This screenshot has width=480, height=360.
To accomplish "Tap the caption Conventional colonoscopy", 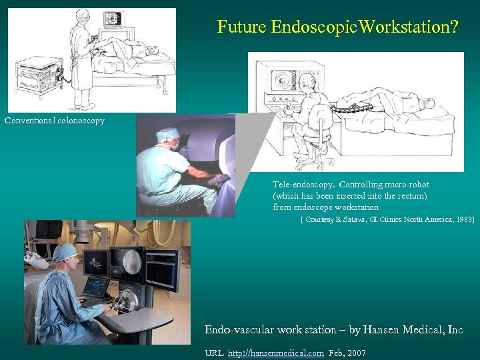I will pyautogui.click(x=55, y=121).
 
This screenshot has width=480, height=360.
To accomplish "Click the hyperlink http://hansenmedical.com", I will pyautogui.click(x=276, y=353).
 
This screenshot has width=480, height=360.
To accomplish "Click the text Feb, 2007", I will pyautogui.click(x=347, y=353).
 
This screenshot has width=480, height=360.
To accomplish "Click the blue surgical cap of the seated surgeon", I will pyautogui.click(x=167, y=135).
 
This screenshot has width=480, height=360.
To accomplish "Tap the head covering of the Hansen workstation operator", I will pyautogui.click(x=65, y=251).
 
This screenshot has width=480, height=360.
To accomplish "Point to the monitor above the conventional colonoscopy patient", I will pyautogui.click(x=114, y=19).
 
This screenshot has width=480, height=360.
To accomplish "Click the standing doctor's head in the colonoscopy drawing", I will pyautogui.click(x=83, y=16).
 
